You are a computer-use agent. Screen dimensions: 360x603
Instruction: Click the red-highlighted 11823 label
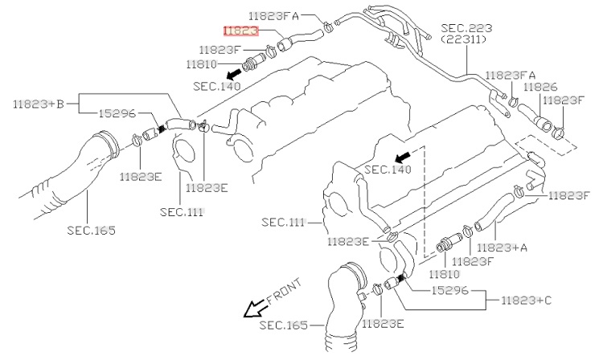pyautogui.click(x=241, y=30)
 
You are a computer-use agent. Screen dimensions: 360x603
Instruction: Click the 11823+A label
pyautogui.click(x=502, y=248)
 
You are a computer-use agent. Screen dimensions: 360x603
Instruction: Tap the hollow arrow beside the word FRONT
pyautogui.click(x=256, y=309)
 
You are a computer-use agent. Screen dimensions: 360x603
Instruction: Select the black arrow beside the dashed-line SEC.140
pyautogui.click(x=403, y=153)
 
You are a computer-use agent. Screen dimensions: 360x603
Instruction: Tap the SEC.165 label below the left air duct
pyautogui.click(x=90, y=230)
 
